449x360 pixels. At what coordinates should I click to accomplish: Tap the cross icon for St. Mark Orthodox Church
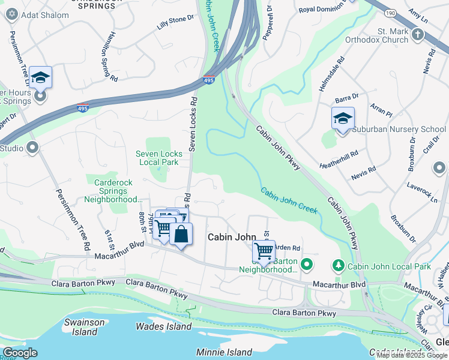click(x=418, y=35)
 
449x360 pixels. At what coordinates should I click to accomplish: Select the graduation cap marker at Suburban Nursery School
click(x=343, y=118)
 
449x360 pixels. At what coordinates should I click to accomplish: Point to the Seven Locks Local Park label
click(x=158, y=158)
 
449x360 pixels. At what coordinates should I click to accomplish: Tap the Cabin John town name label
click(x=232, y=237)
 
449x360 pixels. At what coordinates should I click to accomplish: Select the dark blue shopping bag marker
click(x=181, y=235)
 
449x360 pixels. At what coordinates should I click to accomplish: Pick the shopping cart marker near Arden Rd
click(x=264, y=251)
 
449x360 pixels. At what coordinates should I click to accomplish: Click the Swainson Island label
click(x=85, y=327)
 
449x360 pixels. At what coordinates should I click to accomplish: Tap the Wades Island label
click(x=163, y=327)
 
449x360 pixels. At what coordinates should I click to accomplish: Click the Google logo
click(x=19, y=353)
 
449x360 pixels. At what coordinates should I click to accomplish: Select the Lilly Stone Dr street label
click(x=176, y=22)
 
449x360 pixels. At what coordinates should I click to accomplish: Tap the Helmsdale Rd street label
click(x=331, y=74)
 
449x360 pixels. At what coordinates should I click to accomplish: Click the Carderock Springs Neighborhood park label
click(x=113, y=191)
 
